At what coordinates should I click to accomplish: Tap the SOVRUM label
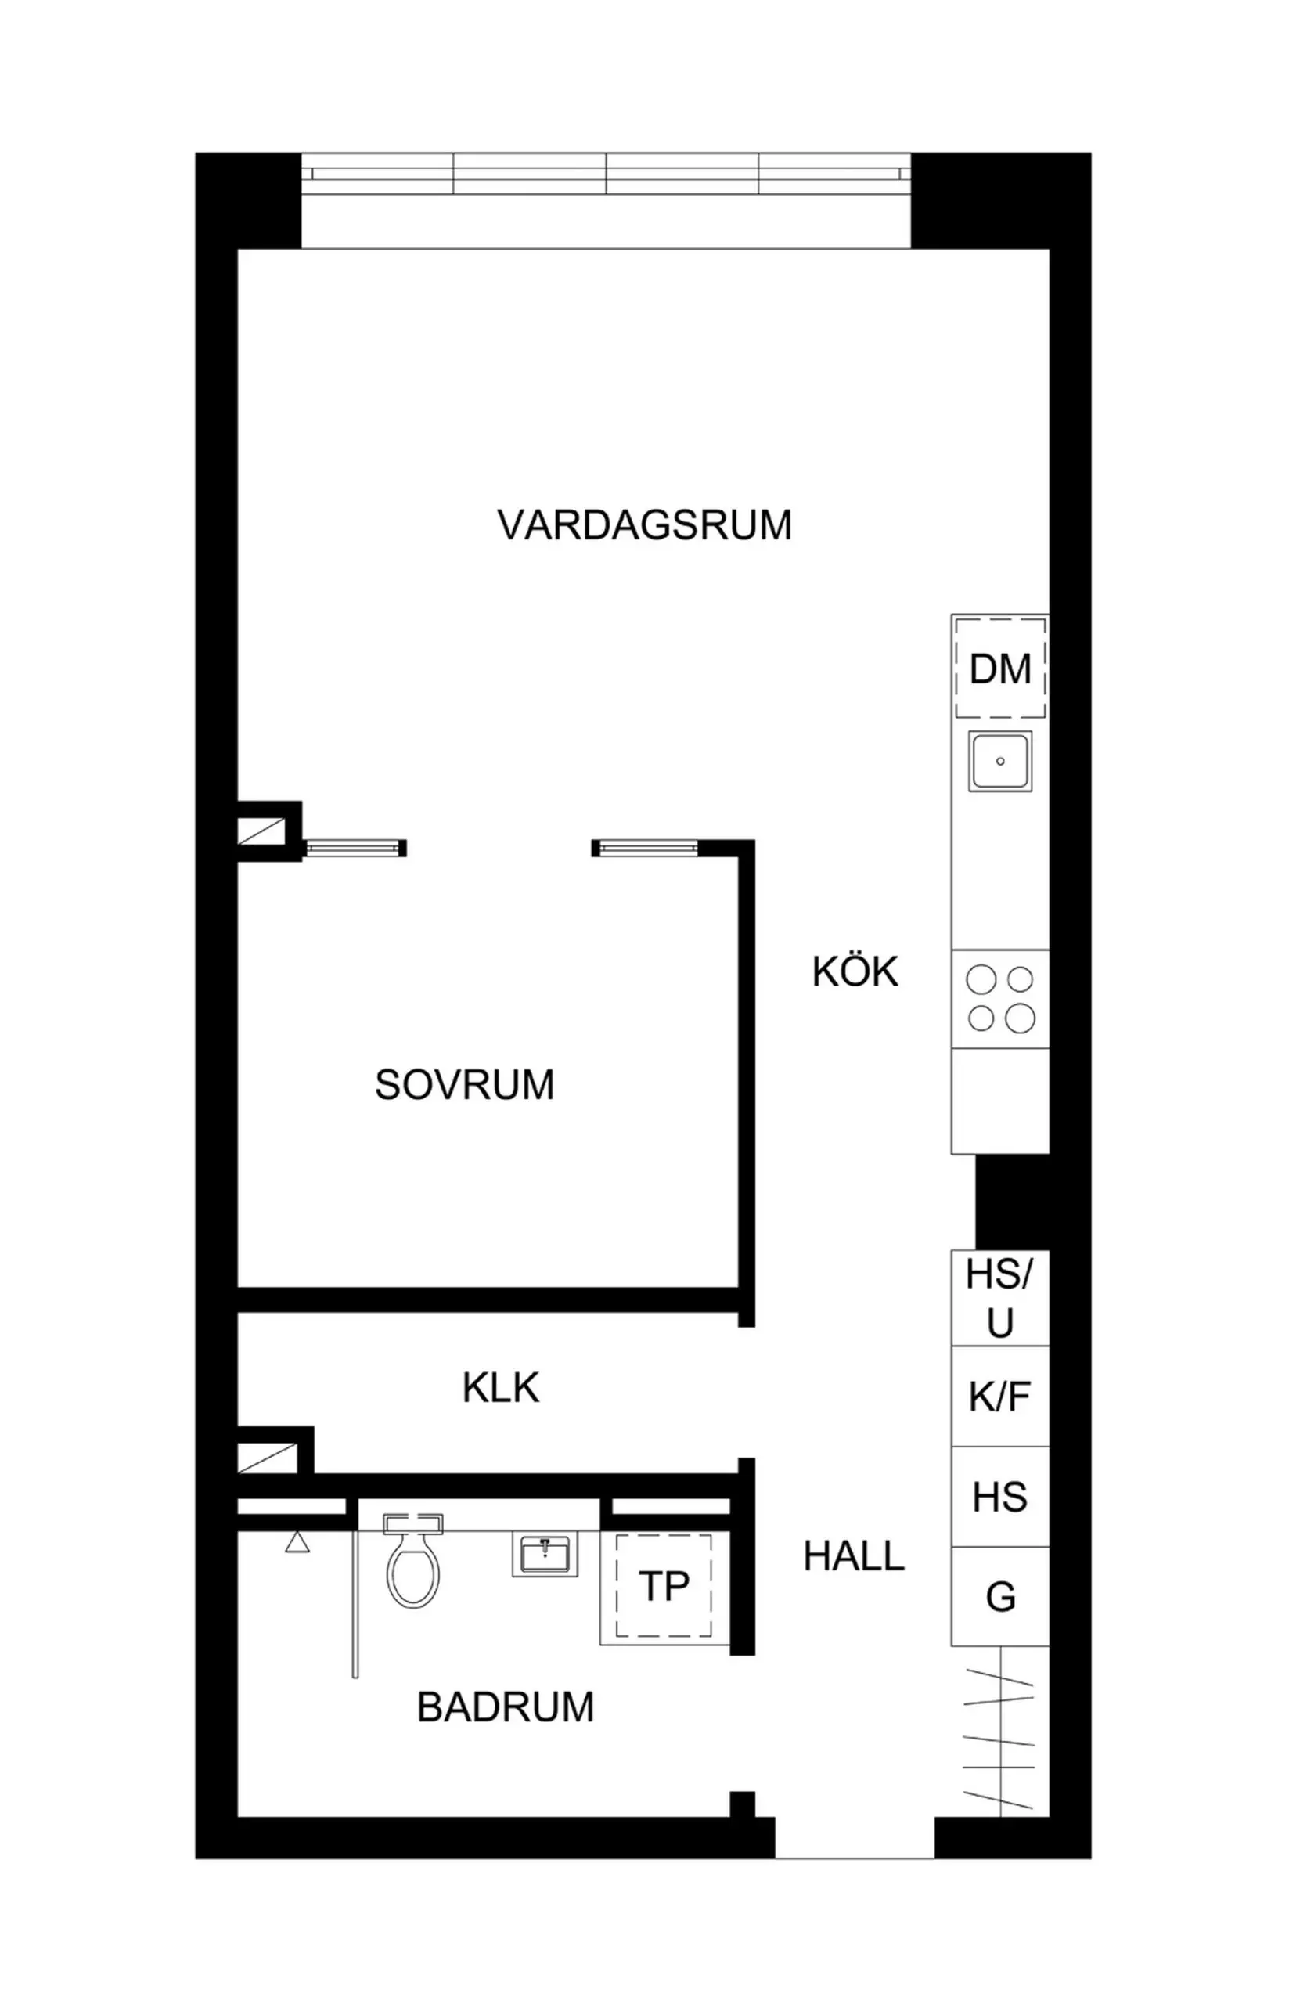[x=465, y=1085]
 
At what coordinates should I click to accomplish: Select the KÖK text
[x=855, y=972]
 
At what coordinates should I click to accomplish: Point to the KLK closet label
[x=501, y=1388]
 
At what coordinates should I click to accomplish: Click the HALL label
[x=854, y=1557]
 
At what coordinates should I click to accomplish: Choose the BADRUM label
[x=506, y=1707]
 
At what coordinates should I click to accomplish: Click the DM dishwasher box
[x=1000, y=669]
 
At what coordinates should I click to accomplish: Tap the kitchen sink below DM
[x=1000, y=761]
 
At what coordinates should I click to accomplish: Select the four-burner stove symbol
[x=1001, y=999]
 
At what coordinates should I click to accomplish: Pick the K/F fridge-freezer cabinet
[x=1000, y=1397]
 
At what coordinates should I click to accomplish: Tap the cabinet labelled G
[x=1000, y=1597]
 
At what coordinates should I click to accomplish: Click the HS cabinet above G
[x=1000, y=1497]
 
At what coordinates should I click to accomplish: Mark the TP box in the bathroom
[x=664, y=1586]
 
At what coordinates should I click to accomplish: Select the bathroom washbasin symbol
[x=544, y=1555]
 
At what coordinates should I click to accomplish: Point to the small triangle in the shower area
[x=297, y=1543]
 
